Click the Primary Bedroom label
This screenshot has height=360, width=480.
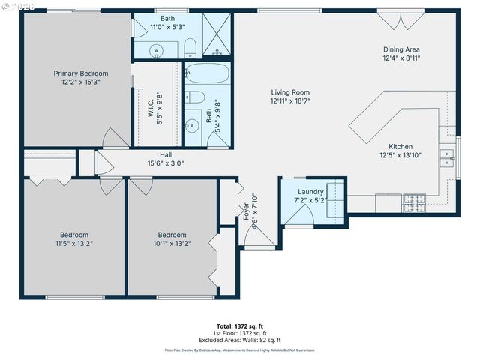tap(80, 73)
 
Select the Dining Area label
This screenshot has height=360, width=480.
tap(401, 49)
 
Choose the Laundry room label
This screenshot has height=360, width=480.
tap(310, 193)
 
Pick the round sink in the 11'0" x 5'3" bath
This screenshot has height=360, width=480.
tap(156, 51)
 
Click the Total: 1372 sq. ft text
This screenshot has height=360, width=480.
tap(240, 326)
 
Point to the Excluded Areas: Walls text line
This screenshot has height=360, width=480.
tap(240, 340)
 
